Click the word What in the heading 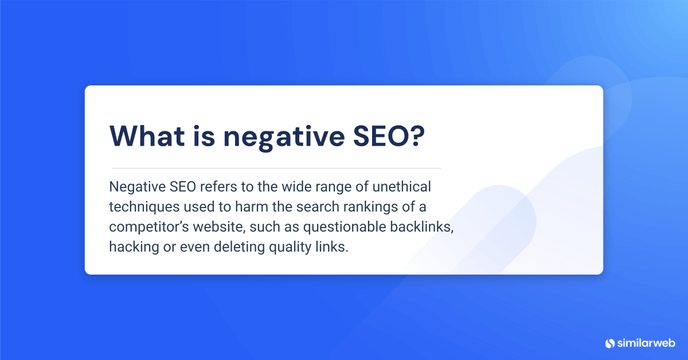click(147, 135)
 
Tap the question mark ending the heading click(418, 135)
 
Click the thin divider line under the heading click(276, 168)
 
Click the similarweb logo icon click(609, 343)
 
